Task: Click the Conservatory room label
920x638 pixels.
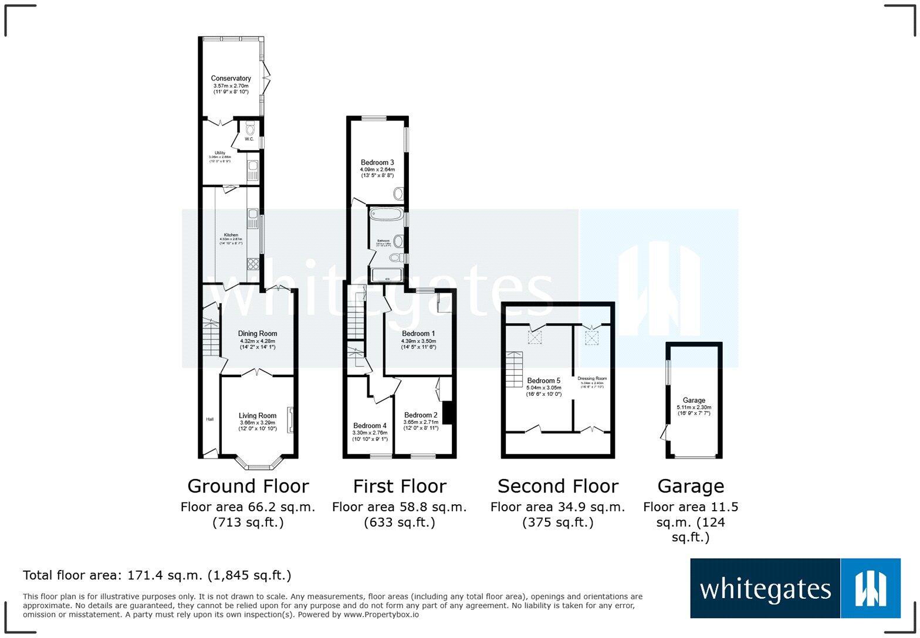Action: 231,78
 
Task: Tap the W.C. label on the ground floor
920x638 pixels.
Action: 249,139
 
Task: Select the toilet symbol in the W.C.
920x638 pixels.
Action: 250,128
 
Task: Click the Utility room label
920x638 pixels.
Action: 219,153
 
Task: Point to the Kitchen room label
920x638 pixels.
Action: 231,235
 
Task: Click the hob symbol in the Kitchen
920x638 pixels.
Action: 253,263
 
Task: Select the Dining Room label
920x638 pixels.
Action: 257,334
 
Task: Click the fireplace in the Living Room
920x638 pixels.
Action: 289,420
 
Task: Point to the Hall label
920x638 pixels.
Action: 209,419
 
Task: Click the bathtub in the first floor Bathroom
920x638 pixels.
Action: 386,214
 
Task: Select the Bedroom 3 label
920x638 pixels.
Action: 377,162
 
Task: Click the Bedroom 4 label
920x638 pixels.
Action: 370,426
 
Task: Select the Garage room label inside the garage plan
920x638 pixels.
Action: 694,401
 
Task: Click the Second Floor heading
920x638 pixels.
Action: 557,486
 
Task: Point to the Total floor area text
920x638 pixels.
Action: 157,575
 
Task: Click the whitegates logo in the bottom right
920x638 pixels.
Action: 795,588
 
